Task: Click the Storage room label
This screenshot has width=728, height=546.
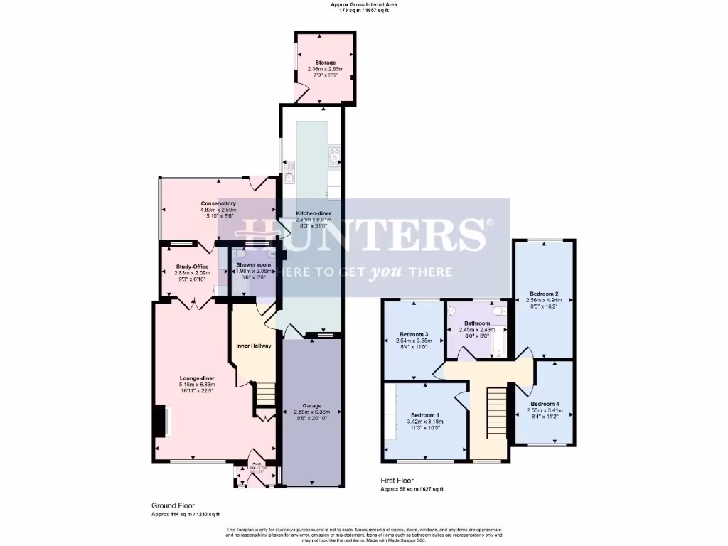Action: click(x=326, y=63)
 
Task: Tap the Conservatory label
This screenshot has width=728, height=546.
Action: click(x=218, y=203)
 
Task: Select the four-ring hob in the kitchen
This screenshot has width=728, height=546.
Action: click(x=333, y=157)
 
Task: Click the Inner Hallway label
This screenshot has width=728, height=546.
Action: click(x=254, y=346)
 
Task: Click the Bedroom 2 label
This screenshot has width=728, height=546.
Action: click(x=544, y=294)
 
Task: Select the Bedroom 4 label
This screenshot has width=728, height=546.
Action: click(x=544, y=403)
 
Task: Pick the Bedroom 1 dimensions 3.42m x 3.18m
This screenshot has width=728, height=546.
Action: click(x=425, y=422)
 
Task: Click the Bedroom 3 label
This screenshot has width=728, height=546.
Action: click(x=413, y=334)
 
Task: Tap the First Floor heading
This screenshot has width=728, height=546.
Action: click(x=397, y=481)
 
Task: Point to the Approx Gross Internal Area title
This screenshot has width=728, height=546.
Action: click(x=364, y=4)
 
